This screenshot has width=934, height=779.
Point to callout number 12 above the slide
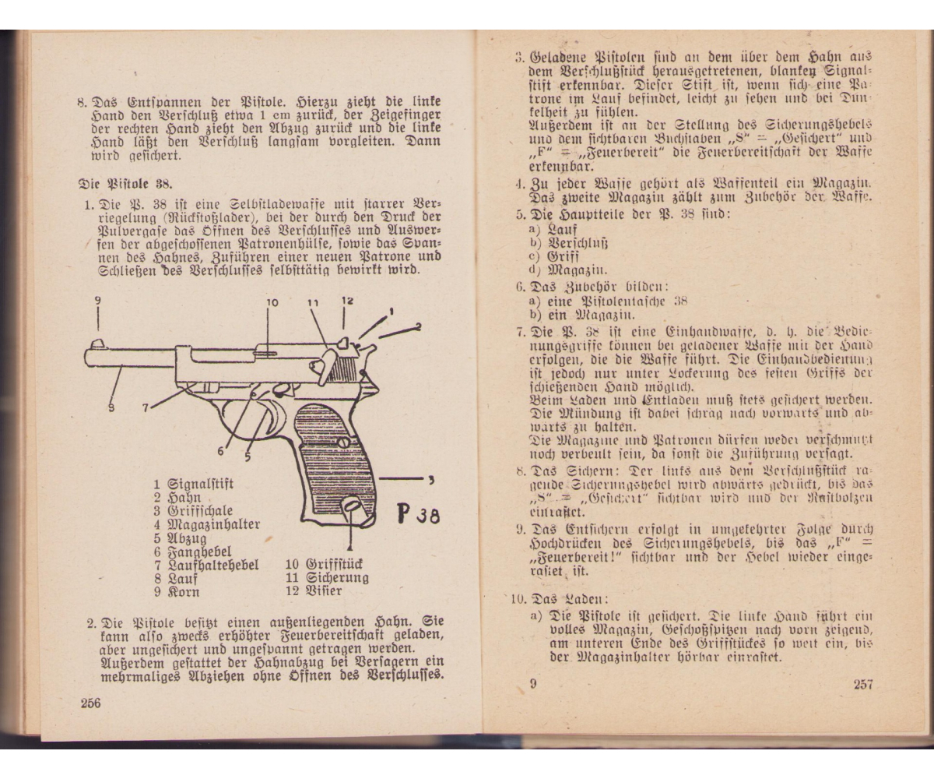346,300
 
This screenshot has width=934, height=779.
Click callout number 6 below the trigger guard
221,450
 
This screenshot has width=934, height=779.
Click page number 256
91,702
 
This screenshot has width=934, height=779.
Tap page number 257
862,685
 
